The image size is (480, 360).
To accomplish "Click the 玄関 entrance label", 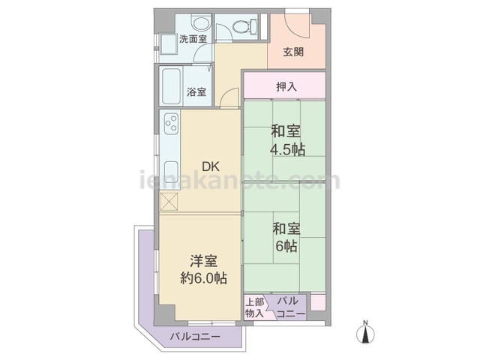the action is tap(293, 52).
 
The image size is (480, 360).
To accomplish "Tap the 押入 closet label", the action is tap(286, 87).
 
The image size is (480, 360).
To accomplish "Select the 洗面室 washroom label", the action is tap(193, 39).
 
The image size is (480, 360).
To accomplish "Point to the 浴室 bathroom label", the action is tap(196, 91).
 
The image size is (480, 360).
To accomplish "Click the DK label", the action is tap(211, 166).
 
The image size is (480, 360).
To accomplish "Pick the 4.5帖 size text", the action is tap(287, 150).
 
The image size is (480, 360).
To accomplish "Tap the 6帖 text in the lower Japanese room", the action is tap(286, 246).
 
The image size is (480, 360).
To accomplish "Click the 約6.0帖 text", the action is tap(203, 278).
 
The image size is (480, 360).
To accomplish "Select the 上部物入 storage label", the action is tap(255, 307).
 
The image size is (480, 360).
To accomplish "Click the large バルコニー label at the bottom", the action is tap(195, 337).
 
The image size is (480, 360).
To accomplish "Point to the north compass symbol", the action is tap(365, 332).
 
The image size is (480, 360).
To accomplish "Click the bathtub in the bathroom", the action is tap(171, 86).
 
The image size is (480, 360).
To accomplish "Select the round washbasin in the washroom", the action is tap(200, 23).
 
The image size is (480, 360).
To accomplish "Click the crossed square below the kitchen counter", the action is tap(169, 202).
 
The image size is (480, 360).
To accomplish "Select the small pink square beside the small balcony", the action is tap(318, 302).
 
